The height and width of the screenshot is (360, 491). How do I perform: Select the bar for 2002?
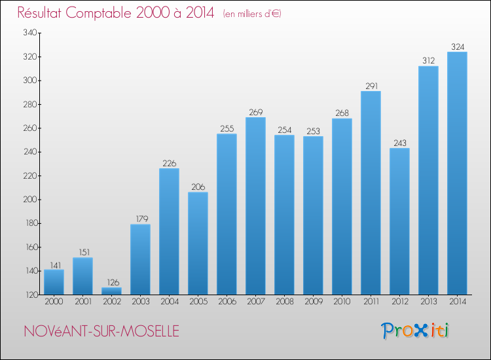coord(111,291)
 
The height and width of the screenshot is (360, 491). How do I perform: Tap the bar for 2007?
coord(255,206)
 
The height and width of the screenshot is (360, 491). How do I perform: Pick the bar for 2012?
coord(399,221)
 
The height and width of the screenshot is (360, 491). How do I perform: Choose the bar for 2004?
coord(169,231)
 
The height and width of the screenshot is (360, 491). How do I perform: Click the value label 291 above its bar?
coord(371,86)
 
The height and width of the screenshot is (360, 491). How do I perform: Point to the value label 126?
coord(111,282)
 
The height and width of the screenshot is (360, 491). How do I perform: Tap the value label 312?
coord(428,61)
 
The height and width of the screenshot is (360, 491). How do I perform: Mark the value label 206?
coord(198,187)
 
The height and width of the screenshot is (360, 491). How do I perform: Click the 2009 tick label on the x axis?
coord(313,302)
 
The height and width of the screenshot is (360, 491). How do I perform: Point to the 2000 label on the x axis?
coord(54,302)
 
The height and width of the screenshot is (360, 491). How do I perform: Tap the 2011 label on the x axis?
coord(371,302)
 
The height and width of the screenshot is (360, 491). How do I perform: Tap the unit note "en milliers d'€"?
coord(252,14)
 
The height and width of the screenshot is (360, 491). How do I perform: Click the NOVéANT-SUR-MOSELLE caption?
coord(101,332)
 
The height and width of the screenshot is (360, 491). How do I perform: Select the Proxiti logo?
coord(415,331)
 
